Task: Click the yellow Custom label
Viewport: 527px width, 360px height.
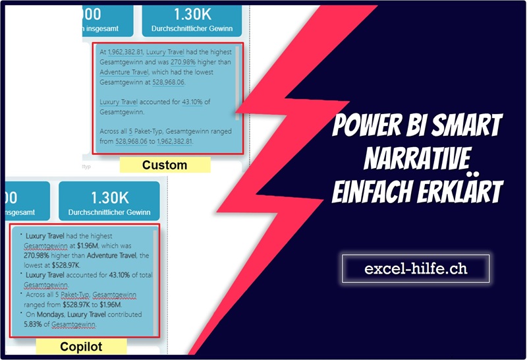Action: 165,165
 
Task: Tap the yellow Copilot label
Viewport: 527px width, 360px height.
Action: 81,347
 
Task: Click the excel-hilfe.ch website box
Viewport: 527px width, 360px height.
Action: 416,268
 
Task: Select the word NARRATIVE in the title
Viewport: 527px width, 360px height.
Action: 417,158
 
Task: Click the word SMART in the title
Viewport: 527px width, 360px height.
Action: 467,125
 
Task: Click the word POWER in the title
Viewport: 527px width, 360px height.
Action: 367,125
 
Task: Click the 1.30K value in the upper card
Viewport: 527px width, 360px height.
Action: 192,15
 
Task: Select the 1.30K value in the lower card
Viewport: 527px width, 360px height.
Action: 109,198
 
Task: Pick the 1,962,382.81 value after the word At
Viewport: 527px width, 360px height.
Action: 125,52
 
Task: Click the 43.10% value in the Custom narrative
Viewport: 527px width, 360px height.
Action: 192,102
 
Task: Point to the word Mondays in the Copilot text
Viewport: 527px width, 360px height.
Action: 51,315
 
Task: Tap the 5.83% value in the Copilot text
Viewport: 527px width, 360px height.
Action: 32,324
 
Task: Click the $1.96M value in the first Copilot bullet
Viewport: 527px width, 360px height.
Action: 88,246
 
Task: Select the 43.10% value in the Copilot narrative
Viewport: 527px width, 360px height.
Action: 119,275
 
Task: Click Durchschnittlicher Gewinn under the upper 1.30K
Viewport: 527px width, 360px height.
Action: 192,28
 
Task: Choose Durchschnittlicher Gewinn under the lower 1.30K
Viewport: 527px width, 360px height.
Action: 109,212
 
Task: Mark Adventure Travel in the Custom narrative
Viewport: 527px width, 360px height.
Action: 124,72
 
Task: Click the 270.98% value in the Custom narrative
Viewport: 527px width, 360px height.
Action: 183,62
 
